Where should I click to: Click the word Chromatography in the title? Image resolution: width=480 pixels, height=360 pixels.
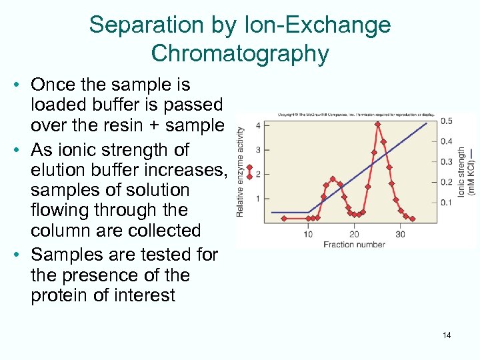[240, 53]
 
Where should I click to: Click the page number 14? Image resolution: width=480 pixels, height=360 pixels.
[447, 335]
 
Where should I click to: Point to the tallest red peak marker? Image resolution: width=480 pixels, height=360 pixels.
[377, 124]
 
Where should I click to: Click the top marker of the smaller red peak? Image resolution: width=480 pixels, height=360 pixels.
[332, 178]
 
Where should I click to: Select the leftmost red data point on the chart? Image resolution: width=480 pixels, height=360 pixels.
[284, 218]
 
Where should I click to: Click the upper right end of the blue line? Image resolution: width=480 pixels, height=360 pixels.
[427, 122]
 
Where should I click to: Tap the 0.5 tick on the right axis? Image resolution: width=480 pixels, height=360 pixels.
[446, 121]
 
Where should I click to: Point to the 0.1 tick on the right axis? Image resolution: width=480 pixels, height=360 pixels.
[446, 203]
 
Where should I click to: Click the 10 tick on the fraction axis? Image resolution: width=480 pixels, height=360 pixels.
[308, 234]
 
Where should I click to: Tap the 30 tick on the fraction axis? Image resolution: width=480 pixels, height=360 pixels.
[400, 234]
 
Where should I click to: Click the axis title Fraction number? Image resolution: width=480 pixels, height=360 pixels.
[354, 245]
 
